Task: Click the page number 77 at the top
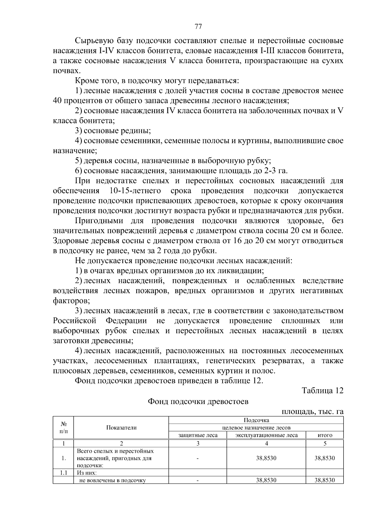pyautogui.click(x=198, y=27)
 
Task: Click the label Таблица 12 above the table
pyautogui.click(x=322, y=390)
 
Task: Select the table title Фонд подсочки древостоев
pyautogui.click(x=198, y=402)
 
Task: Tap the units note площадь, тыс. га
pyautogui.click(x=312, y=412)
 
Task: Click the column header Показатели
pyautogui.click(x=121, y=427)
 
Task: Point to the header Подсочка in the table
pyautogui.click(x=256, y=420)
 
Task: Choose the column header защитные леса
pyautogui.click(x=198, y=435)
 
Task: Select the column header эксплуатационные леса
pyautogui.click(x=266, y=435)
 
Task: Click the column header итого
pyautogui.click(x=325, y=435)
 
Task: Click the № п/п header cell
pyautogui.click(x=63, y=427)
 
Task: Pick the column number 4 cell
pyautogui.click(x=266, y=443)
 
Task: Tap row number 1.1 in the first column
pyautogui.click(x=63, y=472)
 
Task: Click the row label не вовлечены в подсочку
pyautogui.click(x=112, y=480)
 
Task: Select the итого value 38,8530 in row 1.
pyautogui.click(x=325, y=458)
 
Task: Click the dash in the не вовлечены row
pyautogui.click(x=198, y=480)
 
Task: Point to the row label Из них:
pyautogui.click(x=87, y=472)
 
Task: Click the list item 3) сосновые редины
pyautogui.click(x=113, y=131)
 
